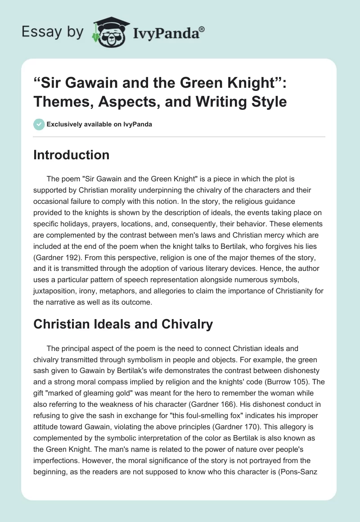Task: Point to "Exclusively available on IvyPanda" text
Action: (99, 125)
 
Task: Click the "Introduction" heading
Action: (72, 155)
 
